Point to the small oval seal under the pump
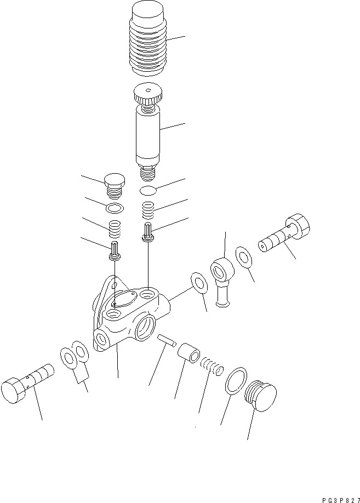148,191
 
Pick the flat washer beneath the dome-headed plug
114,209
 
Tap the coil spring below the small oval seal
148,209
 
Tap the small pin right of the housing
166,341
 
